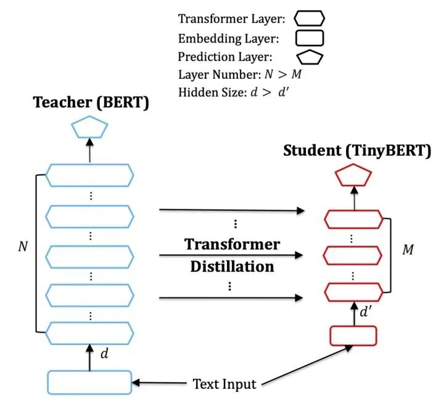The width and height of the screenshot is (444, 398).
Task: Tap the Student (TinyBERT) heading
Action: (x=357, y=151)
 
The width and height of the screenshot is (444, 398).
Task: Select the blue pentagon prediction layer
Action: (x=90, y=129)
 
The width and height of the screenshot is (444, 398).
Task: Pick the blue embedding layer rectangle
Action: (x=90, y=382)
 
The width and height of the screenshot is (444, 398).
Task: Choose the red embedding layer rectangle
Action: (x=354, y=335)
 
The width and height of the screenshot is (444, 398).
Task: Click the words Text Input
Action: (x=224, y=384)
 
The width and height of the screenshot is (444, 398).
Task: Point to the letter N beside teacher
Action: (x=23, y=246)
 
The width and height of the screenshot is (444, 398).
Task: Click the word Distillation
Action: (x=232, y=266)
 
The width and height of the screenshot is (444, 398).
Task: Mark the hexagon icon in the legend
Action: (x=310, y=20)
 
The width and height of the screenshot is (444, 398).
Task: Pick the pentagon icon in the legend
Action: (x=310, y=58)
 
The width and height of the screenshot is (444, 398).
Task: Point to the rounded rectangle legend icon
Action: (x=310, y=39)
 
